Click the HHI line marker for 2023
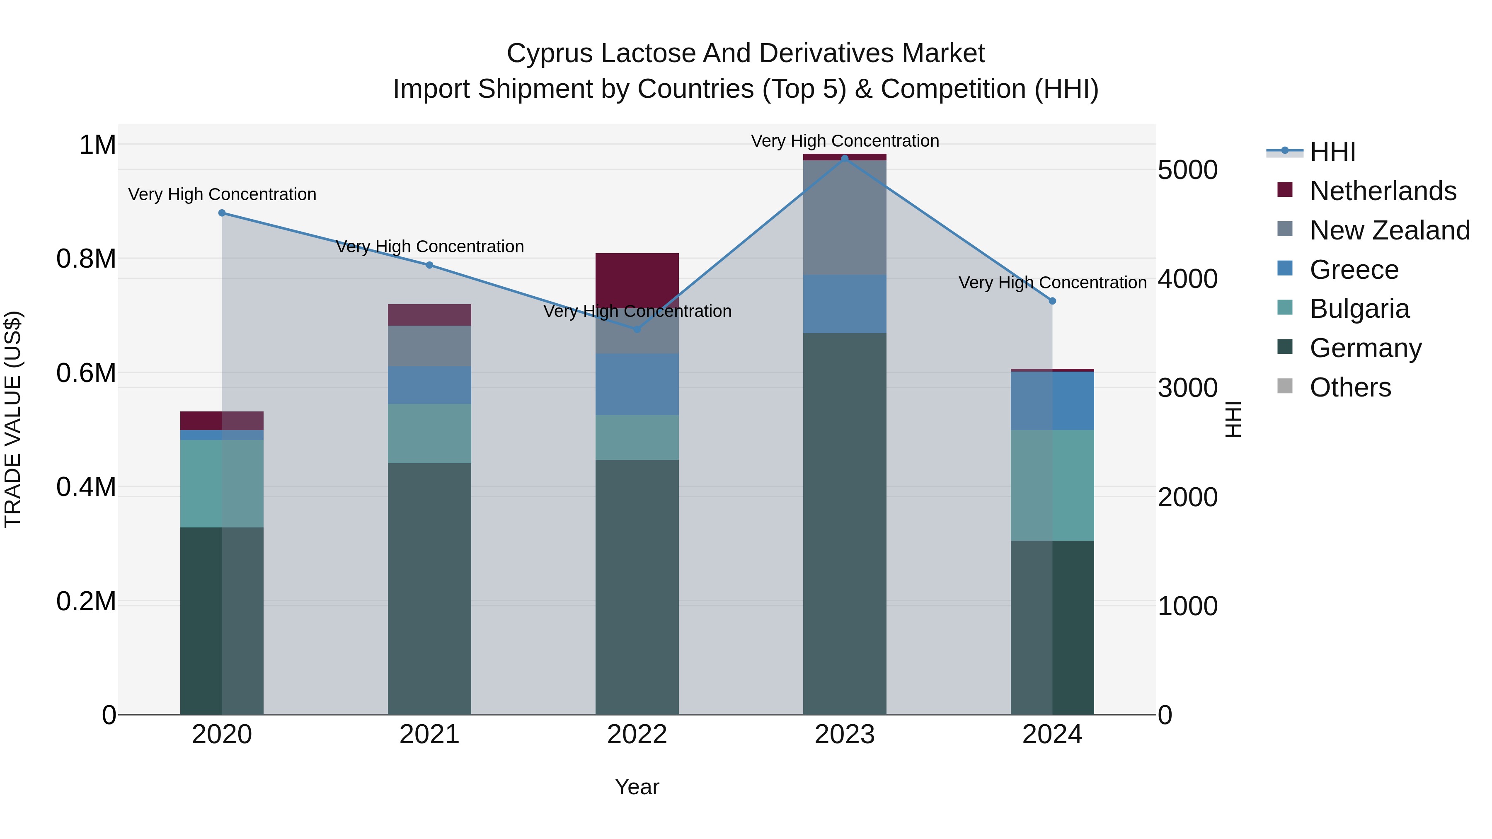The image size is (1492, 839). [x=845, y=159]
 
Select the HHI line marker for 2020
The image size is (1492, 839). [x=222, y=213]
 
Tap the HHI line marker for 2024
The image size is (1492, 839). [x=1052, y=301]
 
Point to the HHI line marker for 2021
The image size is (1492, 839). [x=429, y=265]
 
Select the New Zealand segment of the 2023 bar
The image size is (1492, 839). [x=845, y=217]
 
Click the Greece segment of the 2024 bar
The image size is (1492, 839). [x=1052, y=401]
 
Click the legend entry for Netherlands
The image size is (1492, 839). [x=1383, y=191]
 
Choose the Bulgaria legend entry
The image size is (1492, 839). [x=1359, y=309]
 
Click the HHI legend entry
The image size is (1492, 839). [x=1332, y=152]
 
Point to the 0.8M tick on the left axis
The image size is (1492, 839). [x=86, y=259]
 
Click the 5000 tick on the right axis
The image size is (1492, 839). [x=1187, y=170]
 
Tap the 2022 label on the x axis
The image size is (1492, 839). [x=637, y=735]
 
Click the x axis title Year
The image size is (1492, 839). [x=637, y=787]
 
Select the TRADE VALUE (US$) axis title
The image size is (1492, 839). [x=13, y=419]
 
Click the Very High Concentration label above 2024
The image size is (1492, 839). [x=1052, y=283]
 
